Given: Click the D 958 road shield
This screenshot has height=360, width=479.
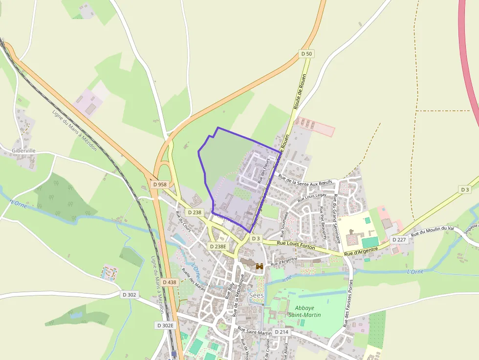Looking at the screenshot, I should click(x=160, y=185).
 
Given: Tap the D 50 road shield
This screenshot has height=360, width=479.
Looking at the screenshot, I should click(x=306, y=53).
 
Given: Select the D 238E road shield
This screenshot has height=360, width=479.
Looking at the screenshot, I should click(x=218, y=246).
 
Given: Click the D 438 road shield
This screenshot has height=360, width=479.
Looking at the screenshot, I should click(x=169, y=282).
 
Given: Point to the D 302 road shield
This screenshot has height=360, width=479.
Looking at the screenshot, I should click(x=130, y=295).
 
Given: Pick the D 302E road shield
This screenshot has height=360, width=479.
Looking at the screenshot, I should click(x=166, y=325).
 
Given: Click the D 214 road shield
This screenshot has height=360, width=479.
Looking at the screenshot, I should click(x=282, y=332).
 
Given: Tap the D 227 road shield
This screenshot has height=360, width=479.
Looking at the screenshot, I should click(x=399, y=239).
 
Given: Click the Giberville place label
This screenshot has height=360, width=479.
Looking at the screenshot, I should click(x=24, y=150).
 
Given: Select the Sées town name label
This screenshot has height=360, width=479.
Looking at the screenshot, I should click(x=256, y=296).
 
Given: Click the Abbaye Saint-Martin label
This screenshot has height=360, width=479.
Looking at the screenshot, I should click(x=307, y=312).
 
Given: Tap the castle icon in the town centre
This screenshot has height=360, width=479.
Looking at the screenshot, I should click(x=259, y=266).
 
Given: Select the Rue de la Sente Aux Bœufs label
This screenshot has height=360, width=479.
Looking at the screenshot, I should click(x=305, y=179).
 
